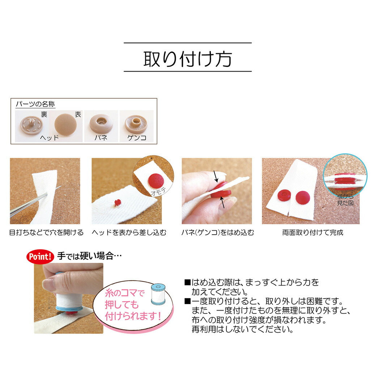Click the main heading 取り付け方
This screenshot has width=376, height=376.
point(188,59)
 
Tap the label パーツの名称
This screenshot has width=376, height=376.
point(35,104)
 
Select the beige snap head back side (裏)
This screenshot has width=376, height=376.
point(31,125)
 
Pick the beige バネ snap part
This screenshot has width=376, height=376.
point(101,124)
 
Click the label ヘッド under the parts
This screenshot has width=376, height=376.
point(49,138)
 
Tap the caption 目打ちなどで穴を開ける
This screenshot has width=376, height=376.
point(46,232)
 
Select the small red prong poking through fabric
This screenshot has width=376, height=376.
point(117,202)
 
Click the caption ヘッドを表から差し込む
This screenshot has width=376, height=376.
point(129,232)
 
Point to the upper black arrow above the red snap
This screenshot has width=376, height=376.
point(216,177)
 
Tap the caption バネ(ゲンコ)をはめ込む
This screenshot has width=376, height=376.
point(218,232)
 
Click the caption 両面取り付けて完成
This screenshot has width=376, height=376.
point(312,232)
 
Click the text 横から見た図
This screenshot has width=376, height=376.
point(345,200)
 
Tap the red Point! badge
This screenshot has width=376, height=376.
point(40,257)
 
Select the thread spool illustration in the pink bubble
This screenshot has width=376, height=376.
point(158,294)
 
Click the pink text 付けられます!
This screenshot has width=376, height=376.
point(133,316)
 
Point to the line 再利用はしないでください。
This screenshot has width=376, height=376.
point(243,329)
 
